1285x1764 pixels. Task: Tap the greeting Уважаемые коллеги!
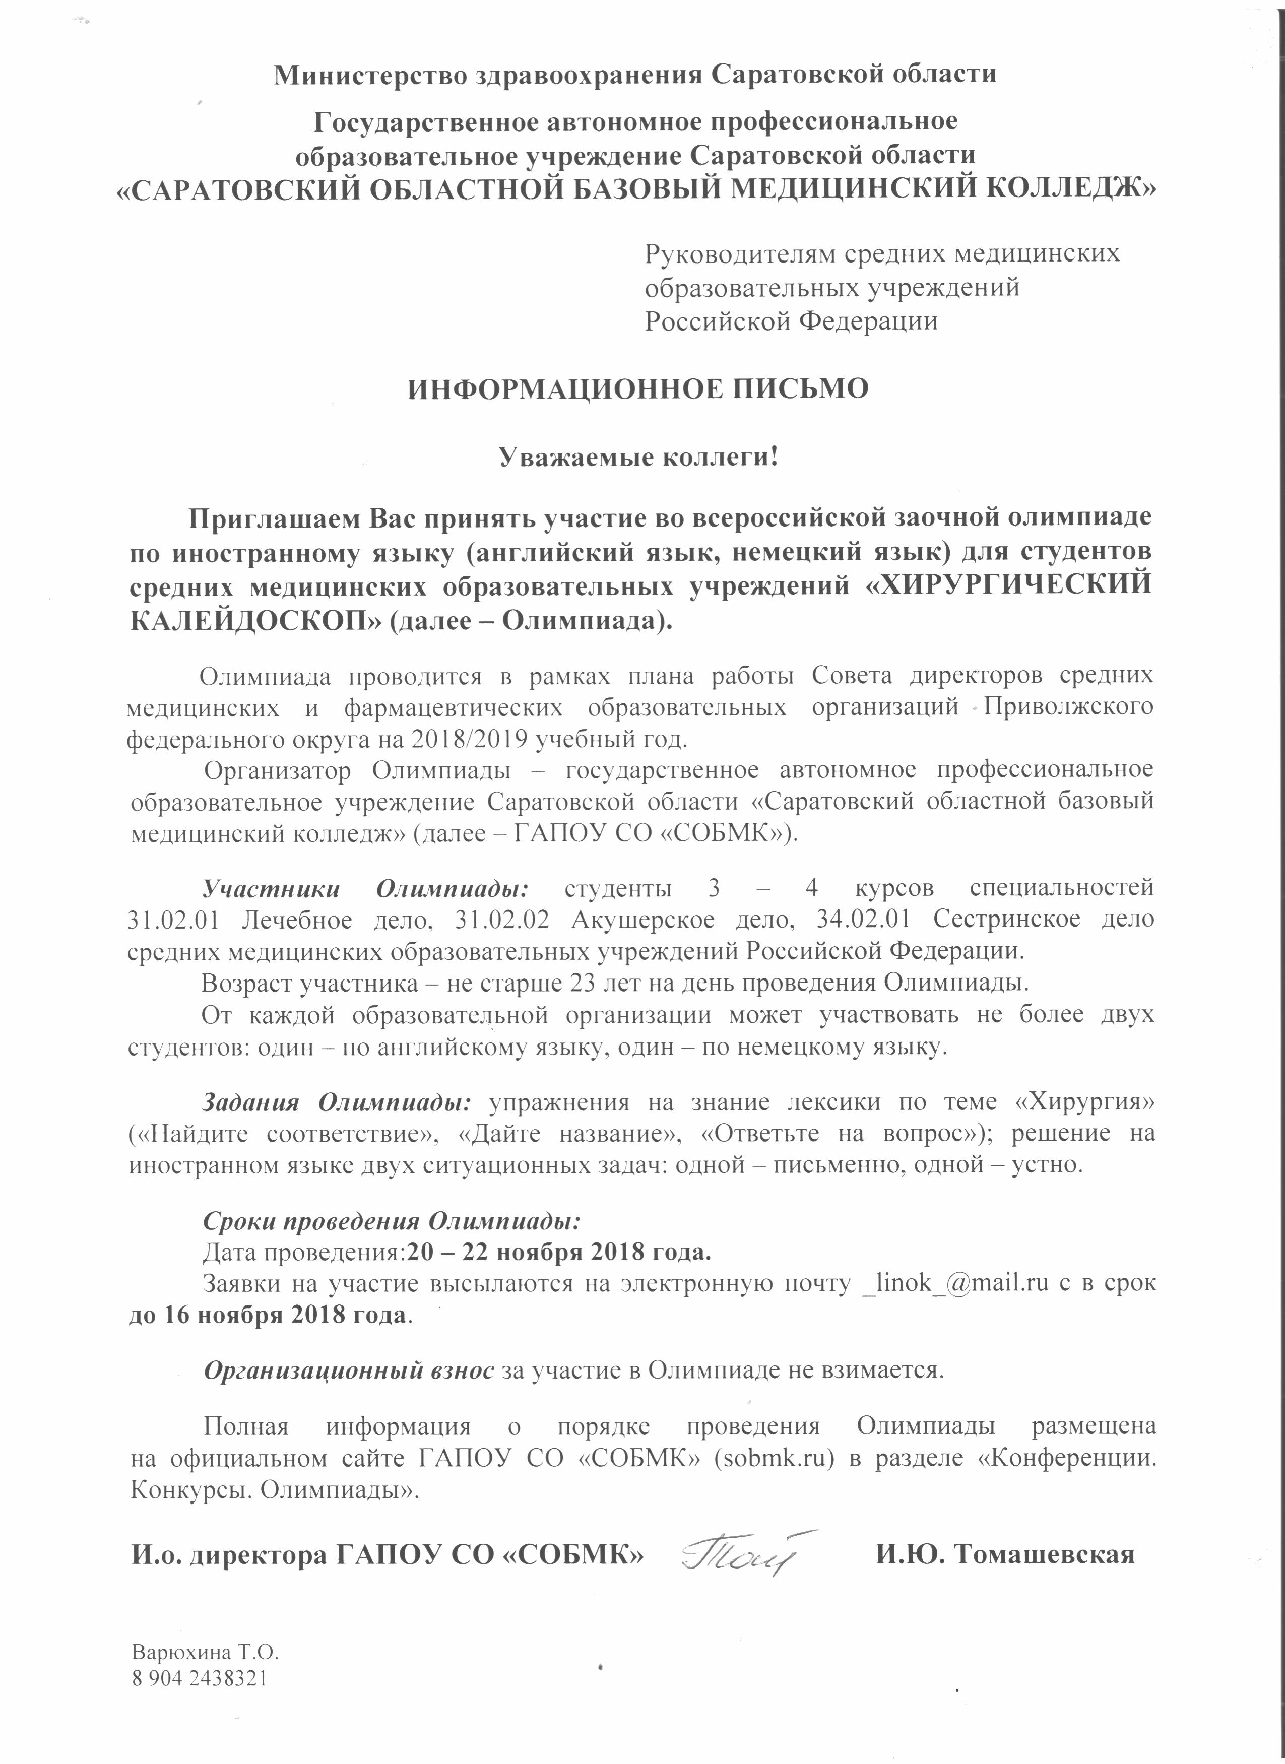(x=638, y=456)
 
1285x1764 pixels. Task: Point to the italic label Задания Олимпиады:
(x=336, y=1102)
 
